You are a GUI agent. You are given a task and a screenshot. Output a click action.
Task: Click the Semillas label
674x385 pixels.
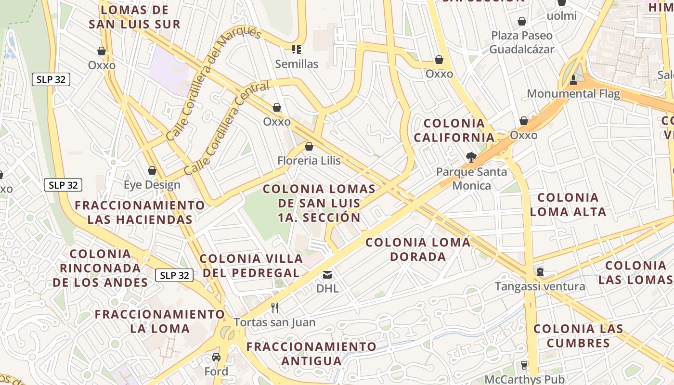click(x=297, y=64)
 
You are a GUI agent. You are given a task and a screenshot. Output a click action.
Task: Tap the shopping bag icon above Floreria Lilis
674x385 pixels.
click(x=309, y=146)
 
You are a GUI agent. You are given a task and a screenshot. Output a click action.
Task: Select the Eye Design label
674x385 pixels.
click(x=152, y=185)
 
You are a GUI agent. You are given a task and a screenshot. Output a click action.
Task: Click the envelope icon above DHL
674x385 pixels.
click(x=327, y=275)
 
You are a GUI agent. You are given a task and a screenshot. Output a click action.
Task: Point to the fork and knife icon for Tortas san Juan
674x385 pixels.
click(x=275, y=308)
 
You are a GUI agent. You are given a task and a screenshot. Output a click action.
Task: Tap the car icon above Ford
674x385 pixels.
click(x=216, y=357)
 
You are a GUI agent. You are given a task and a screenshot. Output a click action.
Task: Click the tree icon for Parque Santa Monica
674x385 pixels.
click(x=471, y=157)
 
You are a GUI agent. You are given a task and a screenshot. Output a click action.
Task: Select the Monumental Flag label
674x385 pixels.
click(x=573, y=93)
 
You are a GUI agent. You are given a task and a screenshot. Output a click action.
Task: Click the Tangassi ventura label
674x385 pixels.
click(x=540, y=287)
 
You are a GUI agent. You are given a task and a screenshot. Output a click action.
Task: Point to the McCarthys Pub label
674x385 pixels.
click(x=524, y=379)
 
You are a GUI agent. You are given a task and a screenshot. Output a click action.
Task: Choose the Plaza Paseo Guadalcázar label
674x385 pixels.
click(x=522, y=42)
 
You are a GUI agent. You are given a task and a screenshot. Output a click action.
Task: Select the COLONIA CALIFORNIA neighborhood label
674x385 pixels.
click(x=454, y=130)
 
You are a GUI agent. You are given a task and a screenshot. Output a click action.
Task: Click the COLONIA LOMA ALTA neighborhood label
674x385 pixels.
click(x=568, y=205)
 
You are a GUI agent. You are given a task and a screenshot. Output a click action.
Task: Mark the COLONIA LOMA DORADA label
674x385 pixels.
click(x=418, y=249)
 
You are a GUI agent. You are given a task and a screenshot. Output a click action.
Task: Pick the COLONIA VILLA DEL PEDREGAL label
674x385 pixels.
click(x=251, y=266)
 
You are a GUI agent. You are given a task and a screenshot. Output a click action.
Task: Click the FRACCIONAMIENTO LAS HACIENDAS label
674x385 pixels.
click(x=140, y=212)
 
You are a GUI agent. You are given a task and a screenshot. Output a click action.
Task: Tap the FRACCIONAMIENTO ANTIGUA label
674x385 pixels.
click(x=311, y=353)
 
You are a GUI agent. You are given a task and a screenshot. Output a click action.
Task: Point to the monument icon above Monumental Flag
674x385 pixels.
click(x=573, y=79)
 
